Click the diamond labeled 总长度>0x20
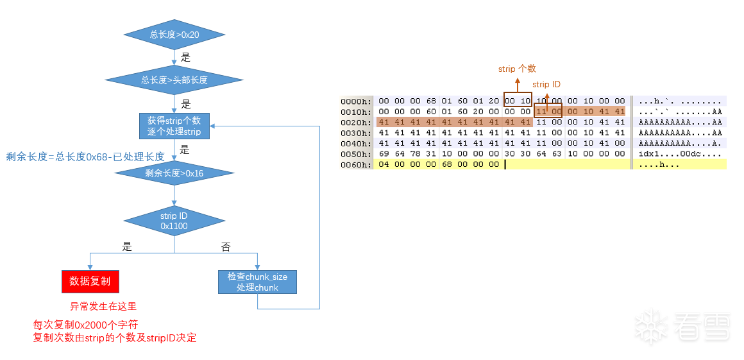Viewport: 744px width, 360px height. [x=174, y=35]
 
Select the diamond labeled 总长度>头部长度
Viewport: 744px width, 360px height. [x=174, y=80]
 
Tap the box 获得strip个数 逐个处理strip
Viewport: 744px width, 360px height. [x=174, y=126]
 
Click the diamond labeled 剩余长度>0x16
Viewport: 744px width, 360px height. [x=174, y=172]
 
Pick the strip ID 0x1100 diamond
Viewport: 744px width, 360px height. [x=174, y=221]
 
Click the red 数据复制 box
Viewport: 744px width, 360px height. [x=90, y=281]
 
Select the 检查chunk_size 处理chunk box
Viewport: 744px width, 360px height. [x=257, y=282]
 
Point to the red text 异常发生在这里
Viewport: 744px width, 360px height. [x=103, y=306]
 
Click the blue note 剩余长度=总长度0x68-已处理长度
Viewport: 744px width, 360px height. [x=85, y=156]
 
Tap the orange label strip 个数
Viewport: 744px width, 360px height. [x=517, y=69]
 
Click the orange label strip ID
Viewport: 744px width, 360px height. [x=546, y=84]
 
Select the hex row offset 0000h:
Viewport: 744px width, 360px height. [x=356, y=101]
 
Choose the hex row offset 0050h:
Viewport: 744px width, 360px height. [x=356, y=154]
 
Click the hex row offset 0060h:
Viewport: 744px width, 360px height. [x=356, y=165]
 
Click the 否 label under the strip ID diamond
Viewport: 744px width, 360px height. [x=226, y=247]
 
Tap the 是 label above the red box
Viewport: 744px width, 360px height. [x=127, y=246]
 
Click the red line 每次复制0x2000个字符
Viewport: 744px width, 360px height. [x=85, y=325]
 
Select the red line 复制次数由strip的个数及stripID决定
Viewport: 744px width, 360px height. [x=115, y=338]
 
